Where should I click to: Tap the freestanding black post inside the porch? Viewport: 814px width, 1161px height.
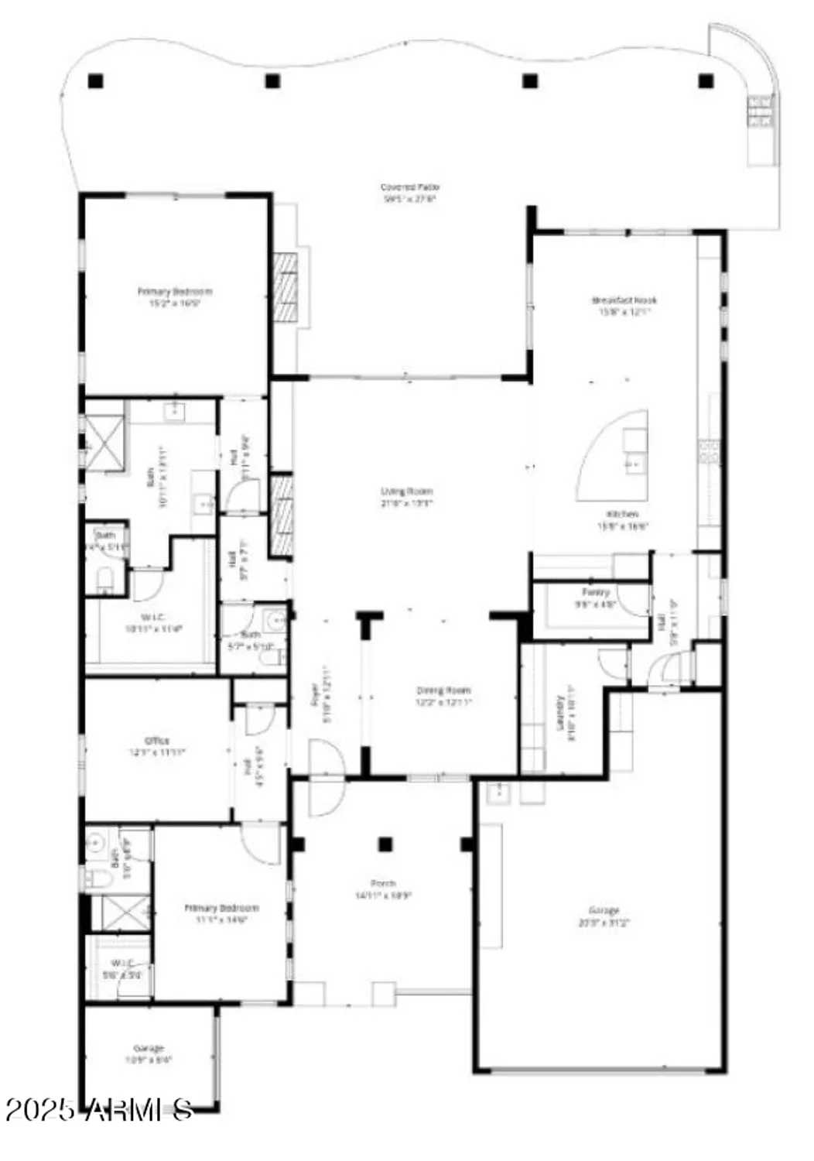pyautogui.click(x=385, y=844)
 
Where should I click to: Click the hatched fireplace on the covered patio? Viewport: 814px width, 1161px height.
pyautogui.click(x=285, y=286)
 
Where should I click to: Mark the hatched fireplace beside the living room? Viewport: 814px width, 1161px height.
pyautogui.click(x=282, y=515)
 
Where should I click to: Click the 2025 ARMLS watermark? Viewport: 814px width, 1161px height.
pyautogui.click(x=98, y=1110)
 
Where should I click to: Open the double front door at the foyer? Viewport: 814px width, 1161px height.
pyautogui.click(x=327, y=776)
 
